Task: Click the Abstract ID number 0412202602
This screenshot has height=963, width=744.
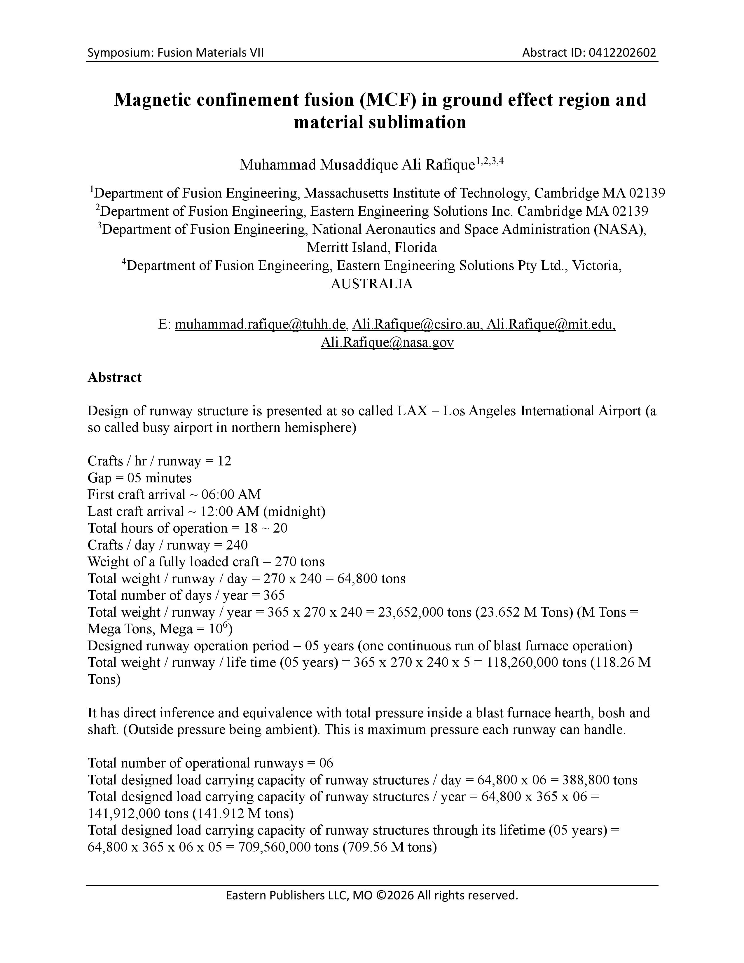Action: pyautogui.click(x=622, y=53)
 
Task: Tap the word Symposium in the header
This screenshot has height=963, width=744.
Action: pyautogui.click(x=115, y=53)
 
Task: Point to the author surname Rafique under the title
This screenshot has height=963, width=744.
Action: pyautogui.click(x=450, y=165)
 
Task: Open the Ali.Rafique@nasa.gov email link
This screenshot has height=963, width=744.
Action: pyautogui.click(x=387, y=343)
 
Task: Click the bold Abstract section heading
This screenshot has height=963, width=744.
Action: pyautogui.click(x=115, y=377)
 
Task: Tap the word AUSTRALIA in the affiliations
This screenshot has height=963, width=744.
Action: pyautogui.click(x=371, y=284)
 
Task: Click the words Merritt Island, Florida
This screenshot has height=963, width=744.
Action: pyautogui.click(x=371, y=247)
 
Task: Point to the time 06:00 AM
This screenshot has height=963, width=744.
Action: pyautogui.click(x=231, y=495)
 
